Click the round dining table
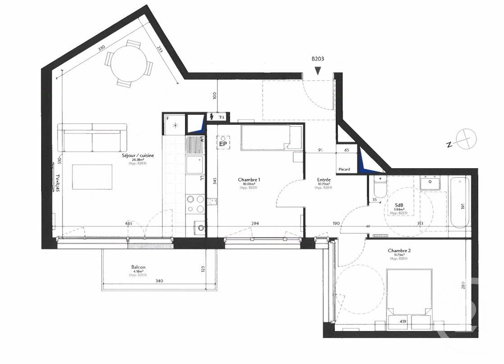pos(128,63)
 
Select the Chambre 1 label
pos(249,180)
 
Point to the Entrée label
pos(324,180)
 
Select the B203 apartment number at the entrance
pos(318,59)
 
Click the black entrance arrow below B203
pos(318,70)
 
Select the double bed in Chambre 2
pos(409,292)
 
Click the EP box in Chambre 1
pos(222,143)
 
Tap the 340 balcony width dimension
pos(159,281)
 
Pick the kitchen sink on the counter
pos(195,165)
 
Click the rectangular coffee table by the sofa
pos(92,177)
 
